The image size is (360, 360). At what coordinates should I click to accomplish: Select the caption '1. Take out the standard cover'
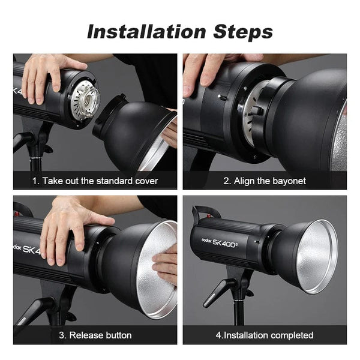tap(95, 181)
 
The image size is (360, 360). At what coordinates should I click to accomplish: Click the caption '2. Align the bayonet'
tap(265, 181)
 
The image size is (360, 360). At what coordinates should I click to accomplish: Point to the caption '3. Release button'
tap(95, 335)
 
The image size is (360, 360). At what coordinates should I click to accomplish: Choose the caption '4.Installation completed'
tap(265, 335)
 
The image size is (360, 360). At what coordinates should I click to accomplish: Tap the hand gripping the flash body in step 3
tap(66, 228)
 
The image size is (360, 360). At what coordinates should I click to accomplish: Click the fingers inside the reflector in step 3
tap(166, 264)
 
